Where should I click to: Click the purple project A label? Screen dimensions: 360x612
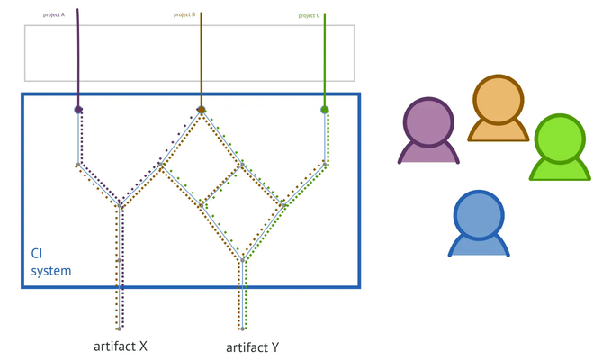tap(54, 14)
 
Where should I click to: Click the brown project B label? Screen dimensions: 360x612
tap(184, 14)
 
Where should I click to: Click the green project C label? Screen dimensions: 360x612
tap(308, 15)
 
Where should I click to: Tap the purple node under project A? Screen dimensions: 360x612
tap(79, 110)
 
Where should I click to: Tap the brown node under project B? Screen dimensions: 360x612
tap(202, 110)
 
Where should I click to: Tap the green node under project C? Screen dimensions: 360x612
tap(324, 110)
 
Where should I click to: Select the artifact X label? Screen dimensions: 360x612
tap(121, 345)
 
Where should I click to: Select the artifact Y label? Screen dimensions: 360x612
tap(253, 346)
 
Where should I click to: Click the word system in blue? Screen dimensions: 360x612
tap(51, 270)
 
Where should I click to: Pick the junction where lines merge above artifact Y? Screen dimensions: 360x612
tap(243, 259)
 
